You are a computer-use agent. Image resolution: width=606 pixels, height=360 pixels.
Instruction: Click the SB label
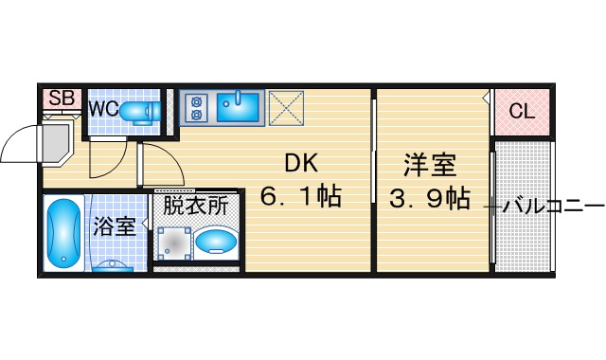click(x=62, y=99)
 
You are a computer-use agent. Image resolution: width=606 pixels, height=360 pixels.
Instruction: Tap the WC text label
click(x=103, y=109)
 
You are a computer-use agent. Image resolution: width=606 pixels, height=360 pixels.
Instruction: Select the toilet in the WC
click(x=140, y=112)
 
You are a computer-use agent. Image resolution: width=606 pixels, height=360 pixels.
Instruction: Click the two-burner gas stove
click(x=196, y=107)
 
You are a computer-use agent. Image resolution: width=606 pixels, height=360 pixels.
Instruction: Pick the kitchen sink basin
click(x=238, y=107)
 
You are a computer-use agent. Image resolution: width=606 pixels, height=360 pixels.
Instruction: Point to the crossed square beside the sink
click(x=286, y=108)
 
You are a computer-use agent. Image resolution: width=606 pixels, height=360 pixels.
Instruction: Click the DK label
click(x=301, y=163)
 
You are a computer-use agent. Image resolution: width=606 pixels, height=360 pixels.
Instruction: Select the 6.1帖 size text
click(x=301, y=196)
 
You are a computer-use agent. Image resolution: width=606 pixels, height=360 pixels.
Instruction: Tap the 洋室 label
click(x=430, y=165)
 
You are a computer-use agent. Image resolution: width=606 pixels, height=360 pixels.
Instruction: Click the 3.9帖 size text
click(x=429, y=198)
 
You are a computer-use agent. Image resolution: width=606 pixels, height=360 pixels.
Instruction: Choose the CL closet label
click(x=522, y=112)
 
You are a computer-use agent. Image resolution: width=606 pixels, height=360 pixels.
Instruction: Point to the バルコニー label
click(x=553, y=207)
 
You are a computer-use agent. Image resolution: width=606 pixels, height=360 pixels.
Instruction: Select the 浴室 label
click(x=115, y=226)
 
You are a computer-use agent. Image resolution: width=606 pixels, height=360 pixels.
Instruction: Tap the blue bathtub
click(x=63, y=233)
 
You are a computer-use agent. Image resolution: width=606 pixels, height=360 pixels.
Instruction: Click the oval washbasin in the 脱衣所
click(x=216, y=243)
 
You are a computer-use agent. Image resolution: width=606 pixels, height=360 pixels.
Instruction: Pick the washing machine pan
click(x=174, y=243)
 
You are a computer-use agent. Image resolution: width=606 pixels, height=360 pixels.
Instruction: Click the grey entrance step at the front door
click(x=58, y=142)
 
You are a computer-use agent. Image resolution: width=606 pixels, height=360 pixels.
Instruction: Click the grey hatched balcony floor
click(x=523, y=207)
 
